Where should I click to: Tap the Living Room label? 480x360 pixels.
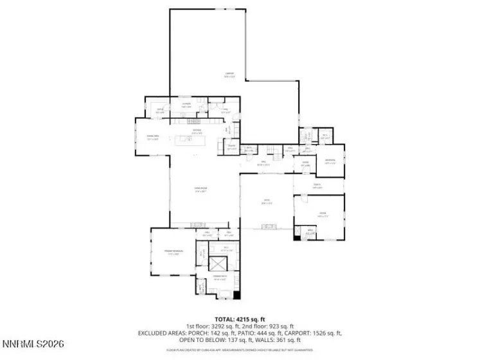(200, 189)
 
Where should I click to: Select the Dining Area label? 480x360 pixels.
(152, 138)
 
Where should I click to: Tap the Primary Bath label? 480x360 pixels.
(220, 279)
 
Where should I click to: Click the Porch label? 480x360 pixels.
(317, 186)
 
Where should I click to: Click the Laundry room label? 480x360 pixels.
(187, 105)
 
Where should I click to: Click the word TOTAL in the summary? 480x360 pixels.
(224, 319)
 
